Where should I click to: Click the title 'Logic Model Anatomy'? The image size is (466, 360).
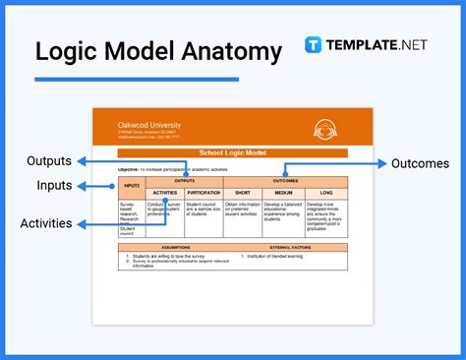pyautogui.click(x=157, y=50)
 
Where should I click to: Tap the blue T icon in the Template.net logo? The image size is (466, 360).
pyautogui.click(x=315, y=45)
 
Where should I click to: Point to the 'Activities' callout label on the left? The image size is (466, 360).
pyautogui.click(x=46, y=223)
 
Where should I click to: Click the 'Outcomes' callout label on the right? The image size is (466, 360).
pyautogui.click(x=421, y=163)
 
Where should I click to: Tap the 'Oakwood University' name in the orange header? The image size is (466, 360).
pyautogui.click(x=149, y=126)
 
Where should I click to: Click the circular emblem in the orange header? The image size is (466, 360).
pyautogui.click(x=322, y=129)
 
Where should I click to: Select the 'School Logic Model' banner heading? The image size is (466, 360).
pyautogui.click(x=233, y=153)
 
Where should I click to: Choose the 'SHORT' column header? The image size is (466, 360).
pyautogui.click(x=243, y=194)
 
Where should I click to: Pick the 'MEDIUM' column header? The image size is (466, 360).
pyautogui.click(x=284, y=194)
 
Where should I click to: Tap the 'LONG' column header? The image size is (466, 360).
pyautogui.click(x=326, y=194)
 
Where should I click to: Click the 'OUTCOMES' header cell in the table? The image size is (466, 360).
pyautogui.click(x=285, y=181)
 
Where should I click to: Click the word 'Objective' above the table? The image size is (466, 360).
pyautogui.click(x=128, y=170)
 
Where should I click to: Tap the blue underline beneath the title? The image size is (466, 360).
pyautogui.click(x=137, y=79)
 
